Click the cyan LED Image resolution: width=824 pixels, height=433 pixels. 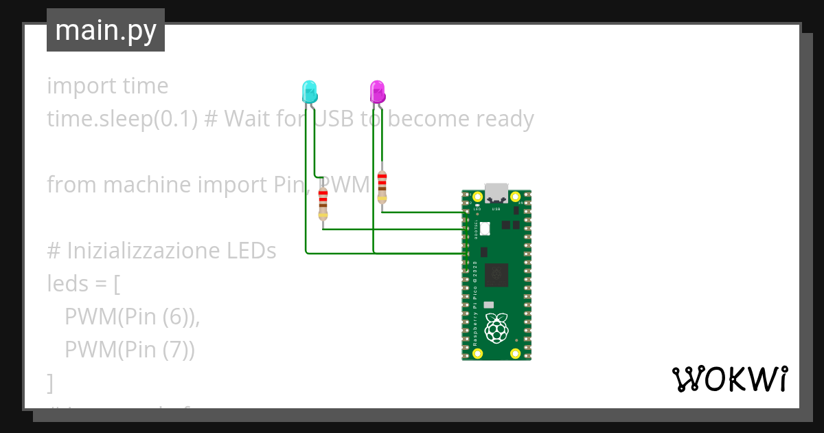[310, 91]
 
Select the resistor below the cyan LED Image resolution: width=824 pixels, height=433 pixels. [323, 204]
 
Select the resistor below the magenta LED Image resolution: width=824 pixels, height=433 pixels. [382, 187]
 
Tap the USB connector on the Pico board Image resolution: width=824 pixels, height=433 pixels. [496, 192]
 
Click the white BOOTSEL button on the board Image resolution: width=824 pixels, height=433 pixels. [485, 229]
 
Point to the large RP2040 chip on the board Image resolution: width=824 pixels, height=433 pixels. [496, 274]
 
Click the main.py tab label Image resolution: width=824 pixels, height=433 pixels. [106, 30]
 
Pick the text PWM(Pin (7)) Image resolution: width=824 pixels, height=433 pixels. [130, 350]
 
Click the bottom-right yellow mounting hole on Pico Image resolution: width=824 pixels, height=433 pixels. [515, 353]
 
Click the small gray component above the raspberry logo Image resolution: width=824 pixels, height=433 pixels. [488, 304]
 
